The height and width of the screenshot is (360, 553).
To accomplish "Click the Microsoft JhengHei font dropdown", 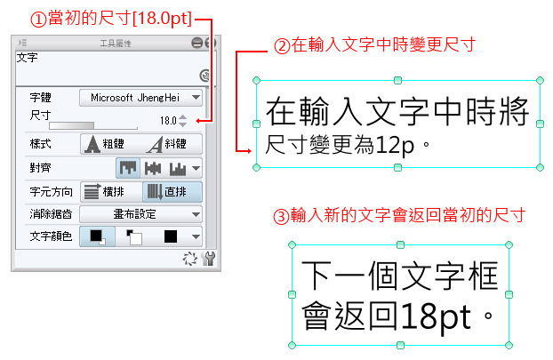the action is click(140, 98).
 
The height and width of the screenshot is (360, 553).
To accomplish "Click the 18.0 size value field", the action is click(168, 121).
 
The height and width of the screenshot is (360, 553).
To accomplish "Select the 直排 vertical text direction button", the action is click(172, 192).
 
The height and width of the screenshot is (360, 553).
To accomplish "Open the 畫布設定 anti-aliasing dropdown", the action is click(140, 214).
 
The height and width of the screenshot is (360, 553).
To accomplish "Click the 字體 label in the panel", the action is click(41, 97).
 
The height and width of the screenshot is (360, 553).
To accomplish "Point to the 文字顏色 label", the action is click(52, 236).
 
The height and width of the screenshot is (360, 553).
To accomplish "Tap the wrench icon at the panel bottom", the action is click(208, 259).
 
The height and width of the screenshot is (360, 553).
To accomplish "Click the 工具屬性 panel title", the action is click(116, 44).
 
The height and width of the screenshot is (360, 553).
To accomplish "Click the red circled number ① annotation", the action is click(38, 20).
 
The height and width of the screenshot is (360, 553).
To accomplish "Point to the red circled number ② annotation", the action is click(282, 46).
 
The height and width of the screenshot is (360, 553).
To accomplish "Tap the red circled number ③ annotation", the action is click(282, 216).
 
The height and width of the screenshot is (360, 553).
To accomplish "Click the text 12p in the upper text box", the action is click(394, 145).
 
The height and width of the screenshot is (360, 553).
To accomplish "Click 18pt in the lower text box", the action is click(436, 316).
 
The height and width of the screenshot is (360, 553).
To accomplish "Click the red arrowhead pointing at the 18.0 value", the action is click(198, 121).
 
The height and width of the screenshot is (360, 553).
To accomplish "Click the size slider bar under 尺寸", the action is click(93, 126).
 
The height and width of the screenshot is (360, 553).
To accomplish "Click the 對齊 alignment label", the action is click(41, 167).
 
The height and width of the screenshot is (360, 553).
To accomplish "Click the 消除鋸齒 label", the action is click(52, 214).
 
